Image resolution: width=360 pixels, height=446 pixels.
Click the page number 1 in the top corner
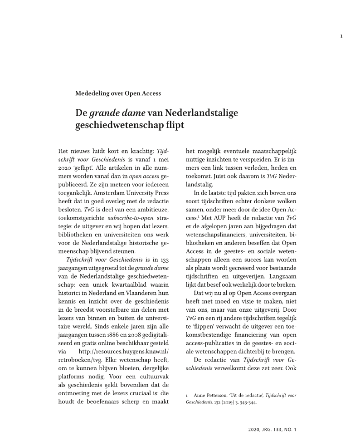coord(341,36)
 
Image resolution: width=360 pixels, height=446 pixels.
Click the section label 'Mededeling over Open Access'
coord(118,94)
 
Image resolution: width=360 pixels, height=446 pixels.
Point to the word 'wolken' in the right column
coord(287,201)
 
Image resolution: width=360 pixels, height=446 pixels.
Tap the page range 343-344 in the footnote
coord(247,402)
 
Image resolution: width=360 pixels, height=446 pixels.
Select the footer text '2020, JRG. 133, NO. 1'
coord(272,429)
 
